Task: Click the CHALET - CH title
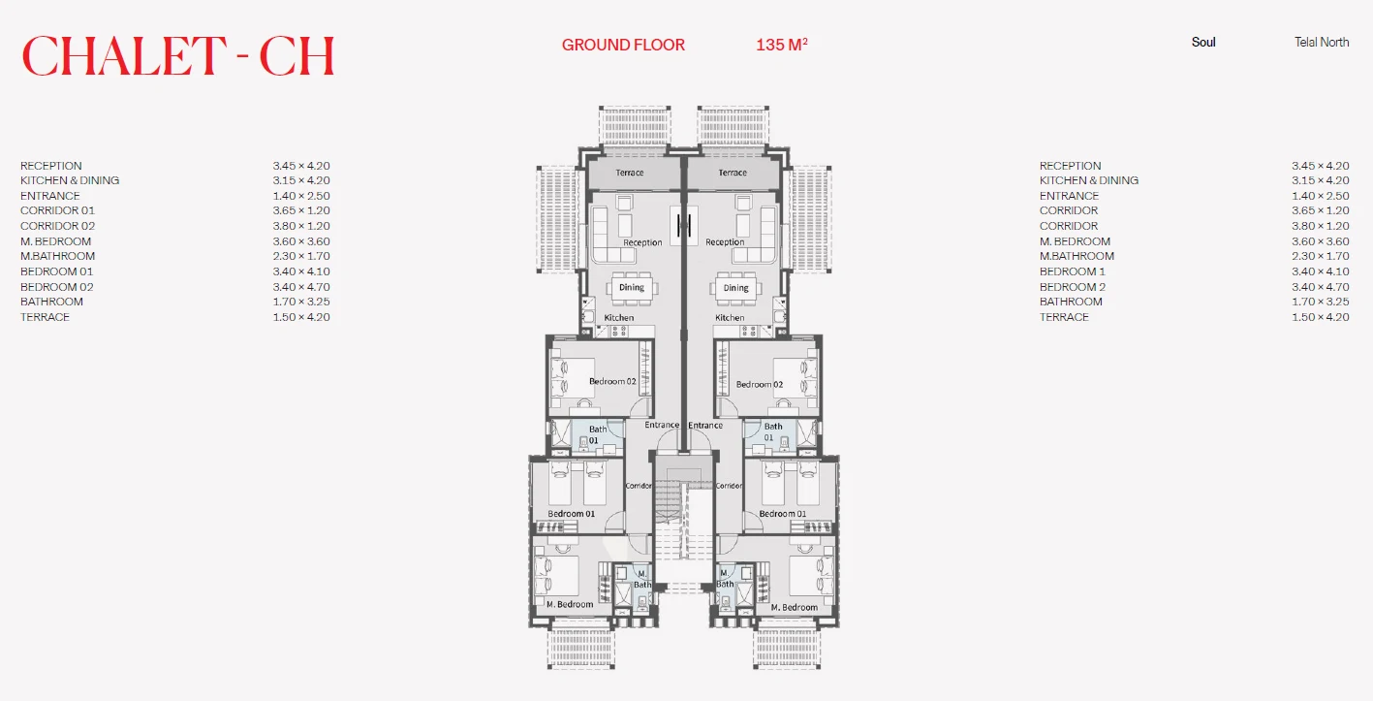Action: coord(178,56)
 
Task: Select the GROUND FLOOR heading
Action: coord(623,45)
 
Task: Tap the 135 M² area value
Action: coord(782,45)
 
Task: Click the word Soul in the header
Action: coord(1203,43)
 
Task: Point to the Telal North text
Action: coord(1322,43)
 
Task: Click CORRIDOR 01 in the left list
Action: coord(57,210)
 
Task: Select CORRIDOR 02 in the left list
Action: coord(57,226)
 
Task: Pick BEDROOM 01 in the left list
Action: coord(56,271)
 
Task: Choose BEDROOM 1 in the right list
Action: coord(1072,271)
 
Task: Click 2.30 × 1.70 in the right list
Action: coord(1321,256)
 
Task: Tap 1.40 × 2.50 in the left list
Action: coord(301,196)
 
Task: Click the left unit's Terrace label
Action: coord(630,173)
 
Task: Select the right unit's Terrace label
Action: coord(733,173)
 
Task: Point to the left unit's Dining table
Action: coord(632,288)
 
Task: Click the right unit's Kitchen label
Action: coord(730,318)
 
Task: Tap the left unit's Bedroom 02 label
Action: coord(612,381)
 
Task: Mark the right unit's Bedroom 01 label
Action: coord(783,514)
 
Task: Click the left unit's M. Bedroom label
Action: coord(570,605)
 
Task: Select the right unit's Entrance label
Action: coord(704,425)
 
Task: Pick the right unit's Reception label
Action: coord(725,242)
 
